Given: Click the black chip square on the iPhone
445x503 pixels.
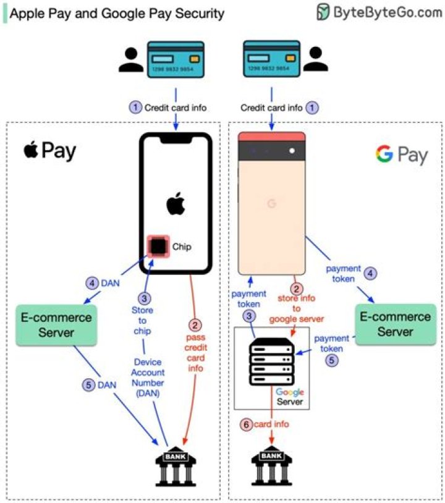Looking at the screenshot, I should (x=158, y=247).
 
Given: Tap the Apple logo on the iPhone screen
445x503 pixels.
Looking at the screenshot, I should (x=176, y=203).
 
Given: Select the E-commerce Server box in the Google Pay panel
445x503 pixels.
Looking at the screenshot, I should (x=395, y=324).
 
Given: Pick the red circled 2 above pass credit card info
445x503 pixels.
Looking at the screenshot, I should (x=195, y=323).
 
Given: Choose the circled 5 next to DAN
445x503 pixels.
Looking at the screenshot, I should (x=89, y=384).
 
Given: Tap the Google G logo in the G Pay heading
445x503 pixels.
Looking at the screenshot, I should (x=384, y=154).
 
